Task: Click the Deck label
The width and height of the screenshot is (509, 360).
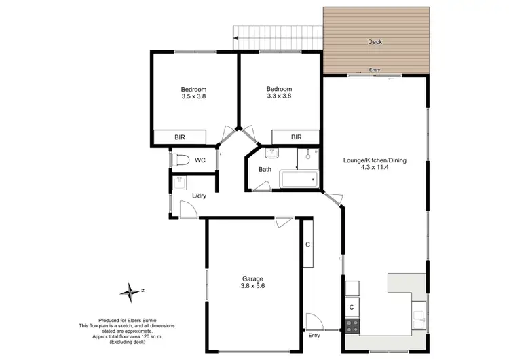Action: tap(375, 42)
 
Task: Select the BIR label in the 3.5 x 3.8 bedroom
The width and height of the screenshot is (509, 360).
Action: tap(180, 137)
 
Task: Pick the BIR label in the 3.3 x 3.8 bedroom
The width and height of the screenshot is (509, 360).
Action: tap(296, 137)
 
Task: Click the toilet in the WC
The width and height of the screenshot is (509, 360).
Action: tap(179, 160)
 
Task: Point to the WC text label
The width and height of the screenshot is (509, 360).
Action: tap(200, 161)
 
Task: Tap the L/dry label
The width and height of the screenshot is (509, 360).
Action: tap(200, 196)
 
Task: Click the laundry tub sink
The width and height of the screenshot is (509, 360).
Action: tap(181, 183)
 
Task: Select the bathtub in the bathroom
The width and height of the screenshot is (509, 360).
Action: tap(298, 180)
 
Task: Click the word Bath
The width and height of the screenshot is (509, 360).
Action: tap(265, 170)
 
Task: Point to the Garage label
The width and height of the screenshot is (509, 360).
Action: tap(253, 279)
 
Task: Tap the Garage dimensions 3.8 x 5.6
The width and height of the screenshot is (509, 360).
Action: tap(253, 287)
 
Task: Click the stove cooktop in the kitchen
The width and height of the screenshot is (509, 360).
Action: tap(352, 325)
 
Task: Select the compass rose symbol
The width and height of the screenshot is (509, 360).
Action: tap(130, 293)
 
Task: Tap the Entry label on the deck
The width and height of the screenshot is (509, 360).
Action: tap(375, 70)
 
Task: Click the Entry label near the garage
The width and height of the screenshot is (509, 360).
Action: tap(314, 336)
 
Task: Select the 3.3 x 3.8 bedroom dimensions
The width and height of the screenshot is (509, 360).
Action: tap(279, 96)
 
